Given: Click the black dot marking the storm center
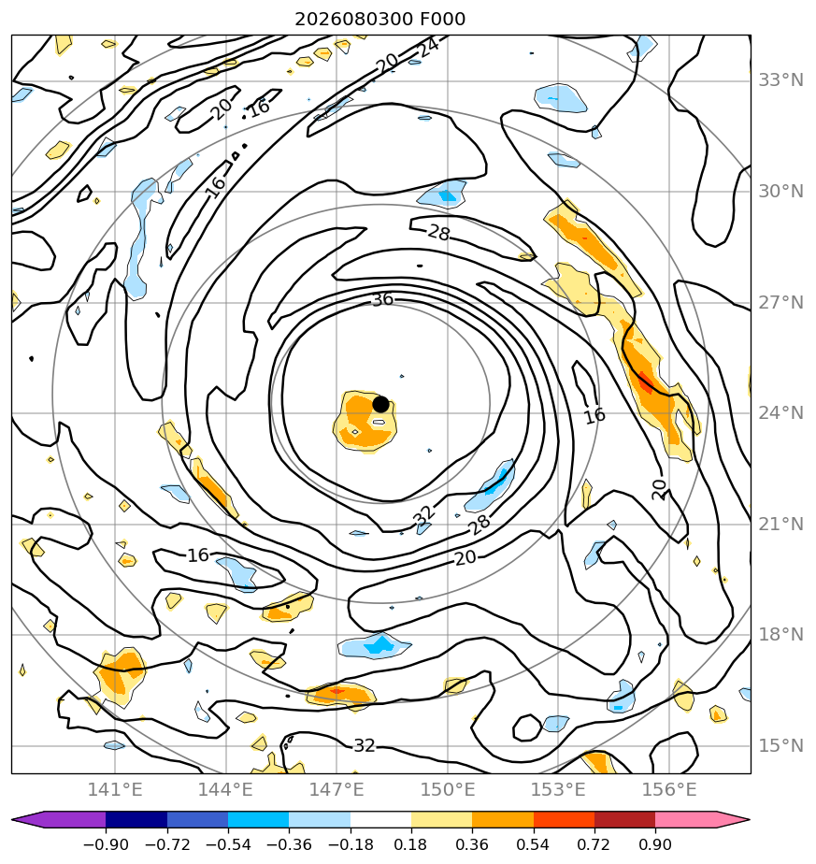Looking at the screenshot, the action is pos(380,404).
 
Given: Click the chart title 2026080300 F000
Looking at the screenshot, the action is pos(380,20).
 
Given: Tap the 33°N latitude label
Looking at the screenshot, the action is pos(780,80).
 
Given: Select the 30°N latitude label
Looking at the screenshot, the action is pos(780,191).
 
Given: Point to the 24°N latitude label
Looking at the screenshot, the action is pos(780,412).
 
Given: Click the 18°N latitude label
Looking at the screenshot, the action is pos(780,634).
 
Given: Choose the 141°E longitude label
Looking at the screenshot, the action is pos(115,789).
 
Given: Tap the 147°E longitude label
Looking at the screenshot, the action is pos(336,789).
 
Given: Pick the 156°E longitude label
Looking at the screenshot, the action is pos(669,789).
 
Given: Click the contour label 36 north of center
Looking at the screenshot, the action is pos(383,300).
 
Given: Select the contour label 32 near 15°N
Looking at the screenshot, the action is pos(365,745).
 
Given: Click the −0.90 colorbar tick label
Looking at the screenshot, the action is pos(106,844).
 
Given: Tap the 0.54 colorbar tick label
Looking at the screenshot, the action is pos(534,844).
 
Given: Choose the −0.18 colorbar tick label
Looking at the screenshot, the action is pos(351,844).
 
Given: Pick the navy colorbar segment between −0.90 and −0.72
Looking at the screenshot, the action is pos(136,819).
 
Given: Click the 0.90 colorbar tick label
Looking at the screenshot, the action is pos(655,844).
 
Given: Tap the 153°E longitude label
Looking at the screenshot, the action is pos(558,789).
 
